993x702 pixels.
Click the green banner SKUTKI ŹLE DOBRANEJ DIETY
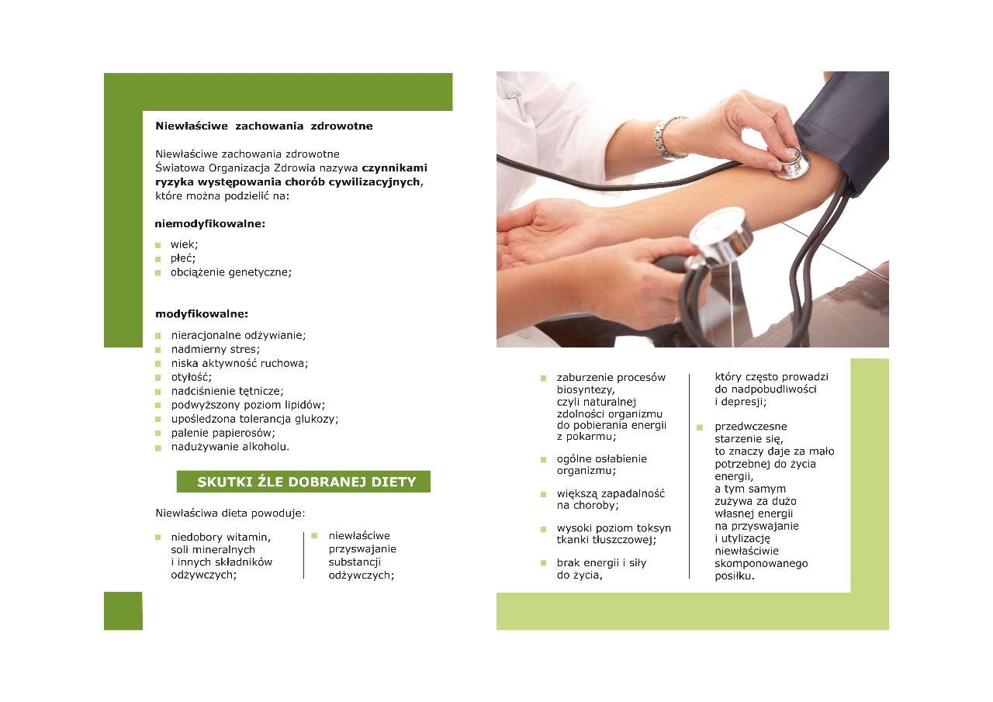pos(303,481)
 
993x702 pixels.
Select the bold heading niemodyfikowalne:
pos(209,224)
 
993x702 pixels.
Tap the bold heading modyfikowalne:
pos(202,314)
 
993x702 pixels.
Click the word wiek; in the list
pos(184,244)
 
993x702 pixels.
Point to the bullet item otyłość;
pos(192,377)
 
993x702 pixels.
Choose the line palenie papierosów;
pos(223,433)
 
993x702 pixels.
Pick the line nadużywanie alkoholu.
pos(230,447)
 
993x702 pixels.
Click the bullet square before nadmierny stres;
pos(157,350)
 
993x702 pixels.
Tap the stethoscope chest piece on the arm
pos(791,162)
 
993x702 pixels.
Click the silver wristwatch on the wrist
pos(668,138)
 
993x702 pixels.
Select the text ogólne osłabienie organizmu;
pos(601,465)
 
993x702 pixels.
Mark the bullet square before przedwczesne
pos(700,427)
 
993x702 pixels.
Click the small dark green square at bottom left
pos(123,610)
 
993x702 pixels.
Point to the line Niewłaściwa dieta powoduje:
pos(230,514)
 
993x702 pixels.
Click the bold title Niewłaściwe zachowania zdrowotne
pos(264,126)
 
